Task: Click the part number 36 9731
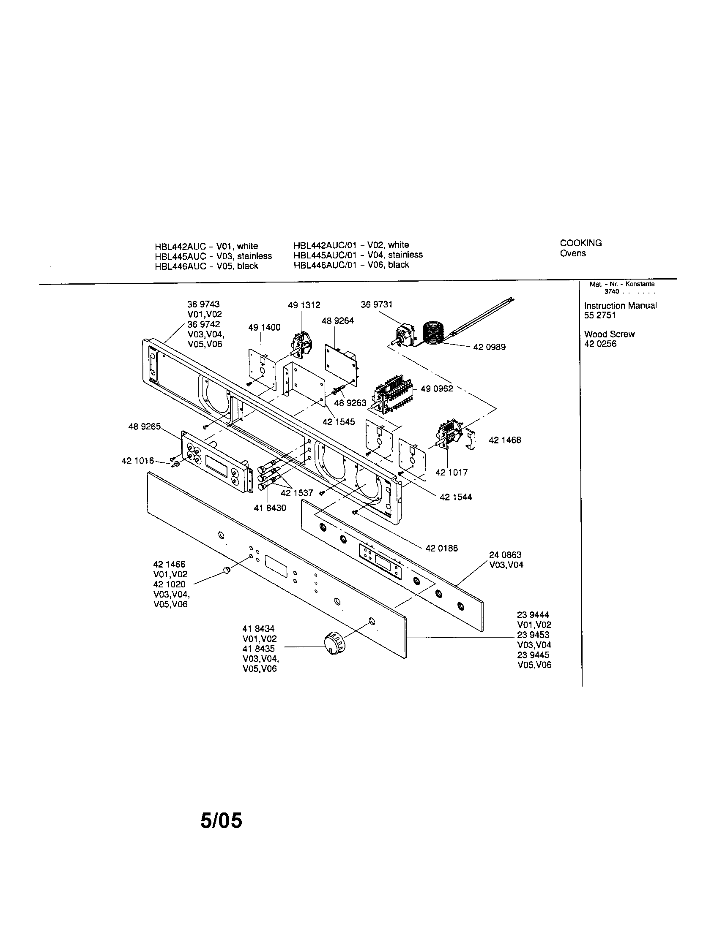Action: pyautogui.click(x=376, y=304)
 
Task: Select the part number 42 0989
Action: pyautogui.click(x=489, y=347)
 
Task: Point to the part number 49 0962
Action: pyautogui.click(x=437, y=388)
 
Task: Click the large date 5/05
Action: pyautogui.click(x=221, y=820)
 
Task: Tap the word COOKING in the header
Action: pyautogui.click(x=581, y=243)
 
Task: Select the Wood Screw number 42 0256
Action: pyautogui.click(x=600, y=344)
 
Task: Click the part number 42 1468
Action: pyautogui.click(x=504, y=440)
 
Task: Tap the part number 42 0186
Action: pyautogui.click(x=441, y=548)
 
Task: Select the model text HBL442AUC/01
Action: pyautogui.click(x=324, y=245)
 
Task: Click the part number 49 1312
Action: pyautogui.click(x=304, y=305)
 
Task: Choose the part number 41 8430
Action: pyautogui.click(x=270, y=508)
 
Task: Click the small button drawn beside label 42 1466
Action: pyautogui.click(x=227, y=570)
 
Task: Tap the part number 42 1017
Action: pyautogui.click(x=452, y=472)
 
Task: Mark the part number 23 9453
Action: pyautogui.click(x=533, y=635)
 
